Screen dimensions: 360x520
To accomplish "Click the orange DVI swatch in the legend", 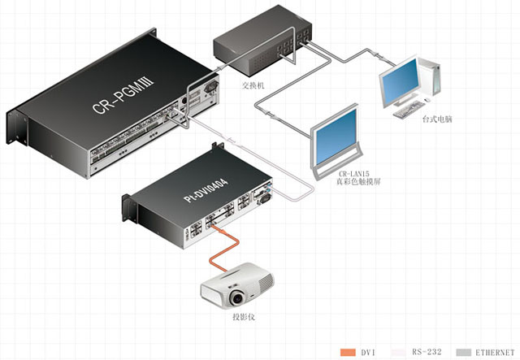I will [349, 351].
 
